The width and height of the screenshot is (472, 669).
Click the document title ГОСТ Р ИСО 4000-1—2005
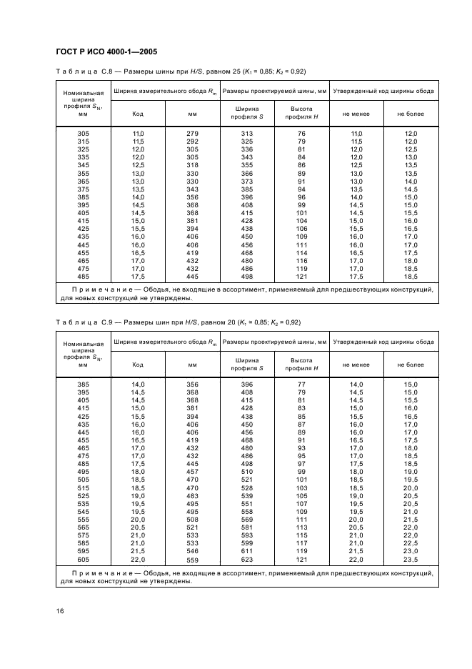tap(106, 52)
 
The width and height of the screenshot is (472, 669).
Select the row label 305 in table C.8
tap(84, 134)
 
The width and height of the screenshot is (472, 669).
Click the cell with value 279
tap(192, 134)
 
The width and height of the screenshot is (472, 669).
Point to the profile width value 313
tap(247, 134)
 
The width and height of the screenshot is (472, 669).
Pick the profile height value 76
tap(301, 134)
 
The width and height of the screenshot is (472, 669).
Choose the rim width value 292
tap(192, 142)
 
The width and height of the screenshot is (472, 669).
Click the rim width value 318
tap(192, 165)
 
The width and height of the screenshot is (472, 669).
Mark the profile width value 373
tap(247, 181)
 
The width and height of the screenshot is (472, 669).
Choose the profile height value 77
tap(301, 385)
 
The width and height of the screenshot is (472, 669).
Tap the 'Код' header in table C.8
tap(138, 114)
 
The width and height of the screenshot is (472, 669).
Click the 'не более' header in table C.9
tap(411, 365)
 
